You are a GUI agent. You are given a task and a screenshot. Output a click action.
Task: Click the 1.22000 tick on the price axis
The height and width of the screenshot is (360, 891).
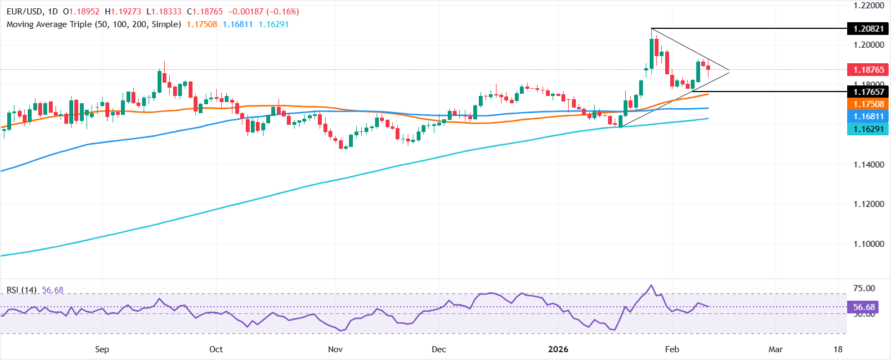(868, 6)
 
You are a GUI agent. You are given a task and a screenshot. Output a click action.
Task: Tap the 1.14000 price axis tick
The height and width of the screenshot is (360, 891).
(868, 165)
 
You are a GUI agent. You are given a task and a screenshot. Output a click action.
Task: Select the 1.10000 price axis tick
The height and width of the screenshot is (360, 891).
(868, 244)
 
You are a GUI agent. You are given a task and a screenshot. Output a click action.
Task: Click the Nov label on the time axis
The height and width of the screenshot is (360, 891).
(335, 349)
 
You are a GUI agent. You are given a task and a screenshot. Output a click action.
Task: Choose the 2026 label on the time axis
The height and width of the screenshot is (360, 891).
(558, 349)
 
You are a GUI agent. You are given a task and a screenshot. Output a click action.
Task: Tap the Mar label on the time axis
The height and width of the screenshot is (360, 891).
(776, 349)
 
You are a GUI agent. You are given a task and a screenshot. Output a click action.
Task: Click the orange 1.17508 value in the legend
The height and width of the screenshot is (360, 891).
(202, 24)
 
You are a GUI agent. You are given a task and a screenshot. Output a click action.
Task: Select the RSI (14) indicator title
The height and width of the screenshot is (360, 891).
(22, 290)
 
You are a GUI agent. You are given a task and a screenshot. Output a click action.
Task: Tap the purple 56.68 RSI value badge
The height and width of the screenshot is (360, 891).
(864, 307)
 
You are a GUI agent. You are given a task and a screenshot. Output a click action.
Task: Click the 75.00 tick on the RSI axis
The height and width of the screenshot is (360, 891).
(864, 288)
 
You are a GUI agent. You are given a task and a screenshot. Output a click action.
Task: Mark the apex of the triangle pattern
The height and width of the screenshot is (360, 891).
(729, 71)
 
